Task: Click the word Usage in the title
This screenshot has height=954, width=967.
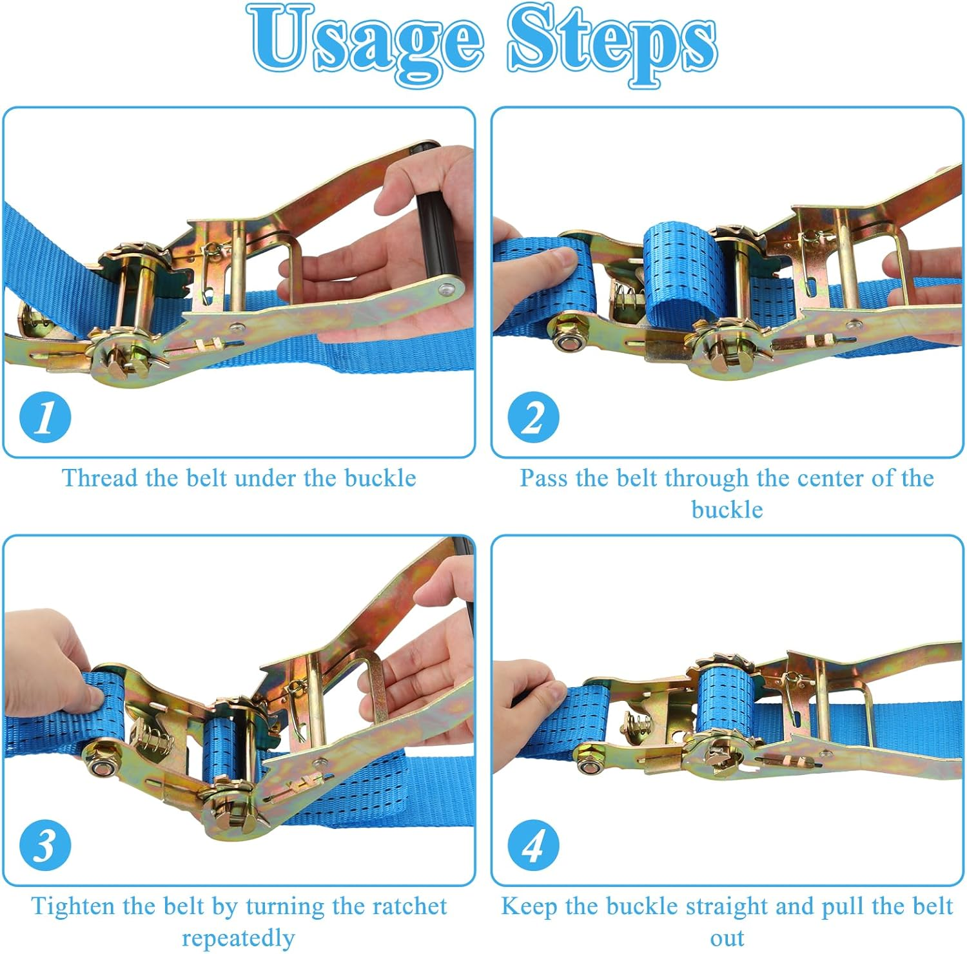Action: [365, 42]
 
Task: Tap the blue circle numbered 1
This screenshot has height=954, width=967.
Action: [45, 417]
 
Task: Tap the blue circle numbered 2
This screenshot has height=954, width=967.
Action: [533, 417]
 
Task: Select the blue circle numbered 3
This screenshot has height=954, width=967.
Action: [45, 844]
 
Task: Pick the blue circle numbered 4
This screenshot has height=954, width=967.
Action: [533, 844]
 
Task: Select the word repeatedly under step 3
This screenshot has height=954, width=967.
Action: [238, 938]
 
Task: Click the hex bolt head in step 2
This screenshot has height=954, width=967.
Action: [568, 341]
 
